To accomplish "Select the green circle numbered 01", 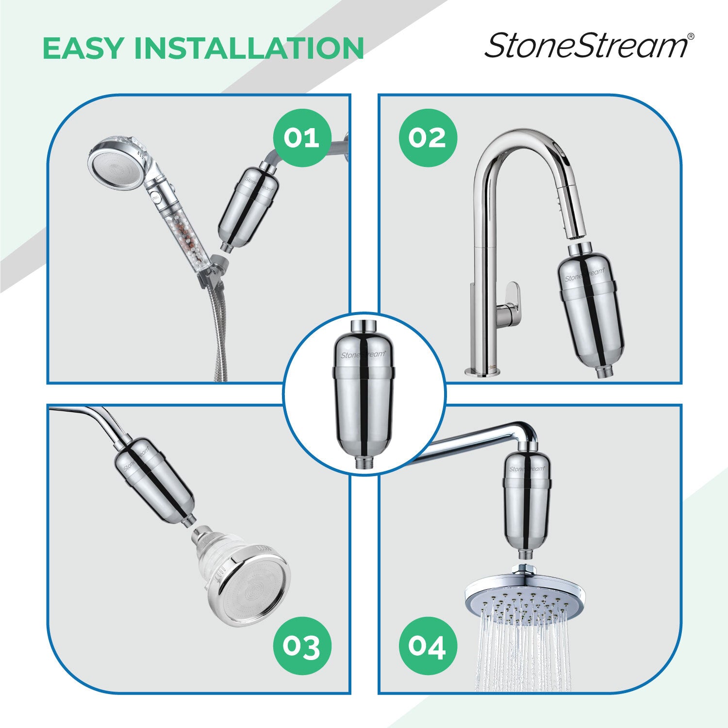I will click(x=301, y=138).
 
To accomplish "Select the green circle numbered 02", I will click(x=428, y=138).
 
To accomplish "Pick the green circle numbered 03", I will click(x=301, y=646).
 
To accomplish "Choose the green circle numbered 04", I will click(x=428, y=646).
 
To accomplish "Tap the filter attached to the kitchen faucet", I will click(x=590, y=311).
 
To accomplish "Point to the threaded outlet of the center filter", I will click(x=364, y=460).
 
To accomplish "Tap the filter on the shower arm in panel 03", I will click(x=154, y=480).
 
